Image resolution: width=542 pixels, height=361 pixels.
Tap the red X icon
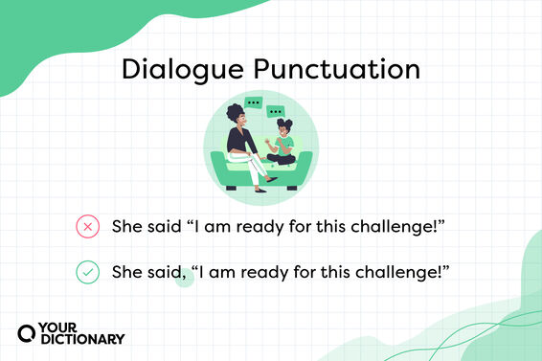pos(87,227)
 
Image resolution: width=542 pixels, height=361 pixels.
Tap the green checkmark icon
pos(87,273)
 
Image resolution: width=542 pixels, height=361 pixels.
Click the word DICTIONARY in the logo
pos(83,339)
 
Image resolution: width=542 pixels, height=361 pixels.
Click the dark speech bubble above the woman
pos(253,102)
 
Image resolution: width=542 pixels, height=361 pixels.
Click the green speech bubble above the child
pos(278,112)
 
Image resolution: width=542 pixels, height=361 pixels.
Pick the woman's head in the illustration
pos(236,116)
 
